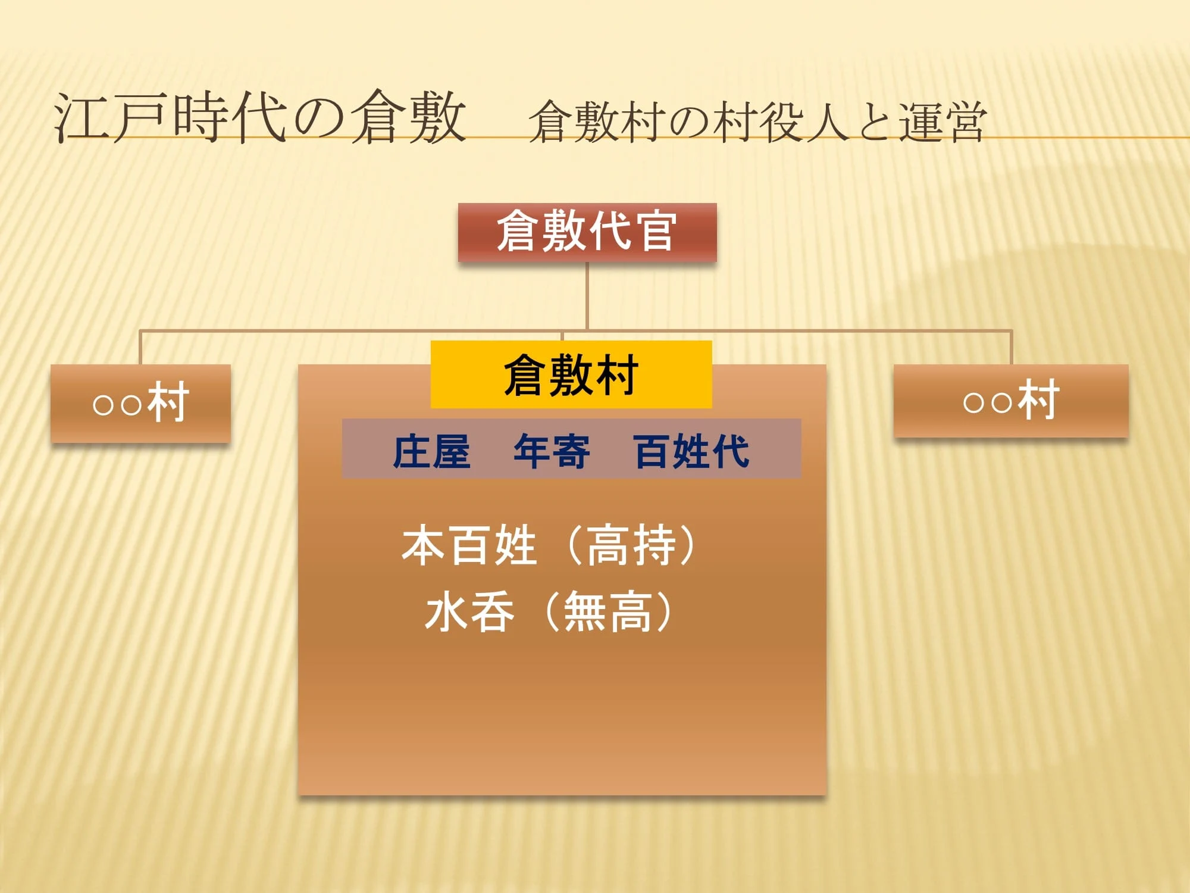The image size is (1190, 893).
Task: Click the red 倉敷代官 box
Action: [x=587, y=232]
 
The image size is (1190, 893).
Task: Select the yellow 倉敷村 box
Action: [x=571, y=374]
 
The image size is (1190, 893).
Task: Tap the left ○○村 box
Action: [x=140, y=403]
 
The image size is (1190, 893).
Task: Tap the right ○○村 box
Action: [x=1011, y=401]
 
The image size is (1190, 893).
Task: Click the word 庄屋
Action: [x=432, y=451]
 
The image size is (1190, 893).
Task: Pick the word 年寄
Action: [x=552, y=451]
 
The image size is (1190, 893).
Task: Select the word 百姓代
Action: [x=691, y=451]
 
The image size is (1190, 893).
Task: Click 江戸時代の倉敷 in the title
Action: [x=260, y=117]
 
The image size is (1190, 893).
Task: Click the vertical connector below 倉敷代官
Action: [x=587, y=296]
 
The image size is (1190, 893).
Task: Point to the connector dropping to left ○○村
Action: [x=140, y=347]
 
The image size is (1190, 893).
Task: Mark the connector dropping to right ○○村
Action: [x=1011, y=347]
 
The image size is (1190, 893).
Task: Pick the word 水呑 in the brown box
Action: [x=469, y=611]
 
